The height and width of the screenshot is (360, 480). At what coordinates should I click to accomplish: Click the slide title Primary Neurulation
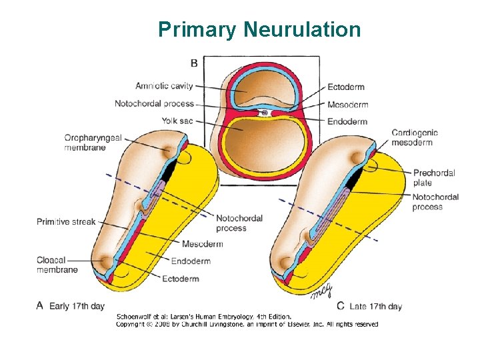click(x=259, y=30)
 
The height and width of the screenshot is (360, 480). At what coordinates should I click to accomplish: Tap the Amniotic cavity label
click(x=164, y=86)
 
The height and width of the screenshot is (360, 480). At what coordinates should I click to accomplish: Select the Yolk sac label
click(x=177, y=121)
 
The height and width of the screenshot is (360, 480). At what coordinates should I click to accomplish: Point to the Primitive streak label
click(x=66, y=222)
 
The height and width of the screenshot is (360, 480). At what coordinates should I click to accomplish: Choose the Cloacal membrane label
click(x=57, y=265)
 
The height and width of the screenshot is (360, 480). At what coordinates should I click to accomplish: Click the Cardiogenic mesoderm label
click(x=412, y=137)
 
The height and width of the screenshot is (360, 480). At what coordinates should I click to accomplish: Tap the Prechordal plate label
click(x=433, y=177)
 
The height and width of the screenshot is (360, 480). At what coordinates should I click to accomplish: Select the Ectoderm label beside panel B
click(x=346, y=87)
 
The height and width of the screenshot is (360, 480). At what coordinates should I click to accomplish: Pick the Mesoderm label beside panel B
click(x=348, y=105)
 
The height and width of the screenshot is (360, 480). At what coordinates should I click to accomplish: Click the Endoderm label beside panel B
click(x=347, y=121)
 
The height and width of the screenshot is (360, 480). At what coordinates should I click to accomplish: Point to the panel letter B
click(x=194, y=63)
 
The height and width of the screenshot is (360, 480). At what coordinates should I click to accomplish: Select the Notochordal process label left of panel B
click(x=154, y=103)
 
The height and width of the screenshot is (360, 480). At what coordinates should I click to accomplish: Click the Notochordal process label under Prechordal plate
click(x=435, y=202)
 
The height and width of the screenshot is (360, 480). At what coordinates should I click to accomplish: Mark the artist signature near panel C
click(x=321, y=289)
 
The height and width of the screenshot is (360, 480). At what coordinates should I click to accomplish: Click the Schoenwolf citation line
click(x=204, y=316)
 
